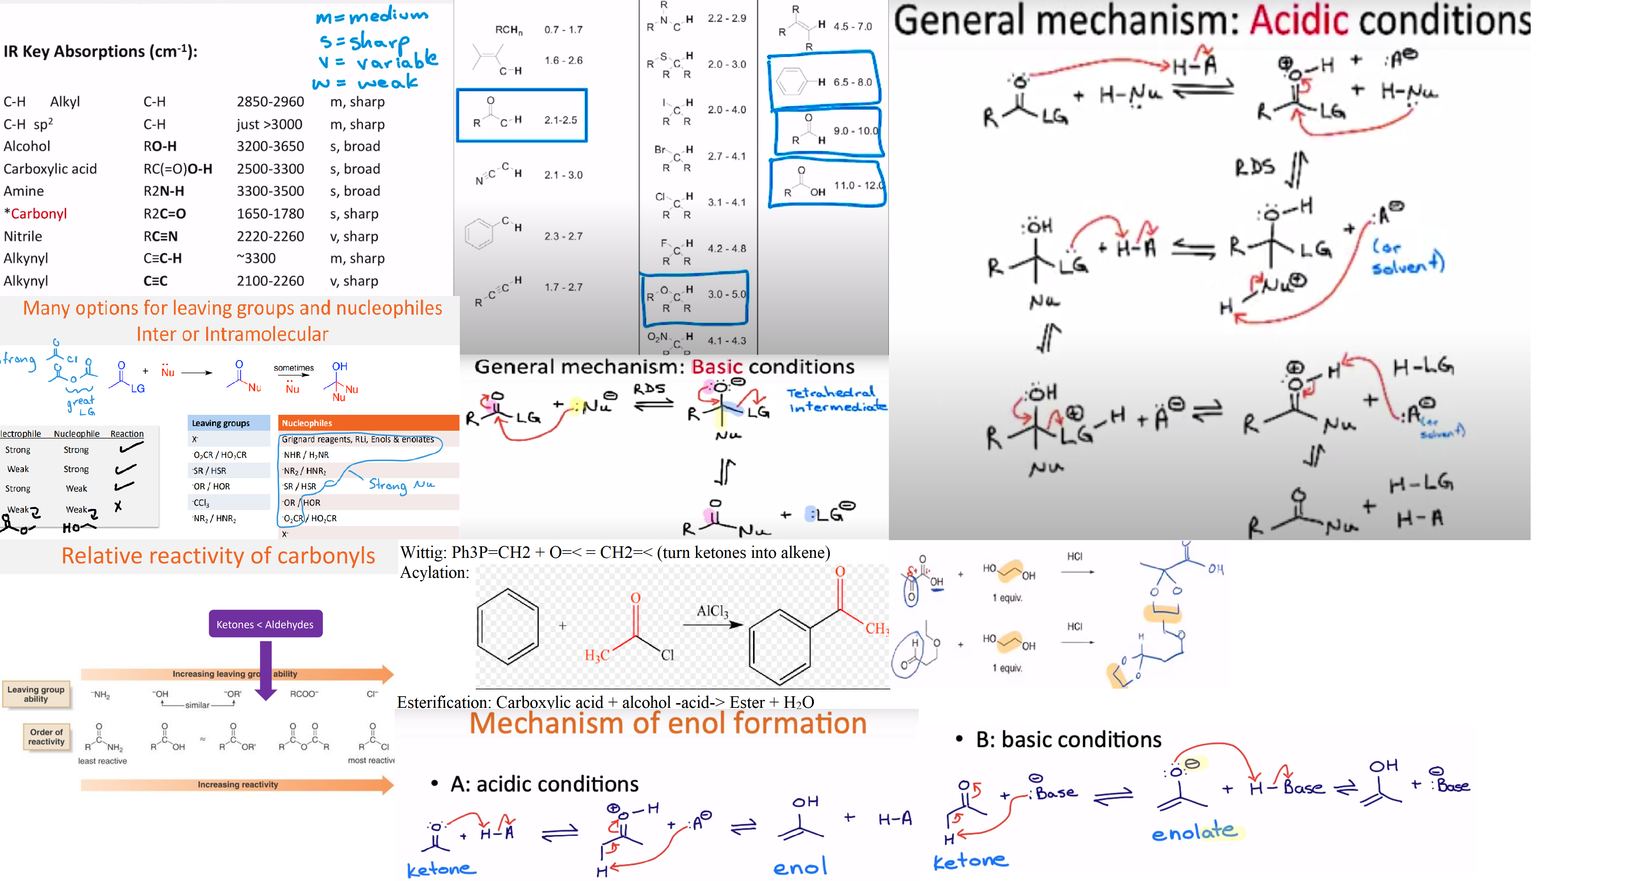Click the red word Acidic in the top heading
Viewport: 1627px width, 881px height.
(1299, 21)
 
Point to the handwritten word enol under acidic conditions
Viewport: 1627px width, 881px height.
(800, 867)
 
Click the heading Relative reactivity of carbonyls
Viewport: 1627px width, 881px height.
(218, 556)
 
